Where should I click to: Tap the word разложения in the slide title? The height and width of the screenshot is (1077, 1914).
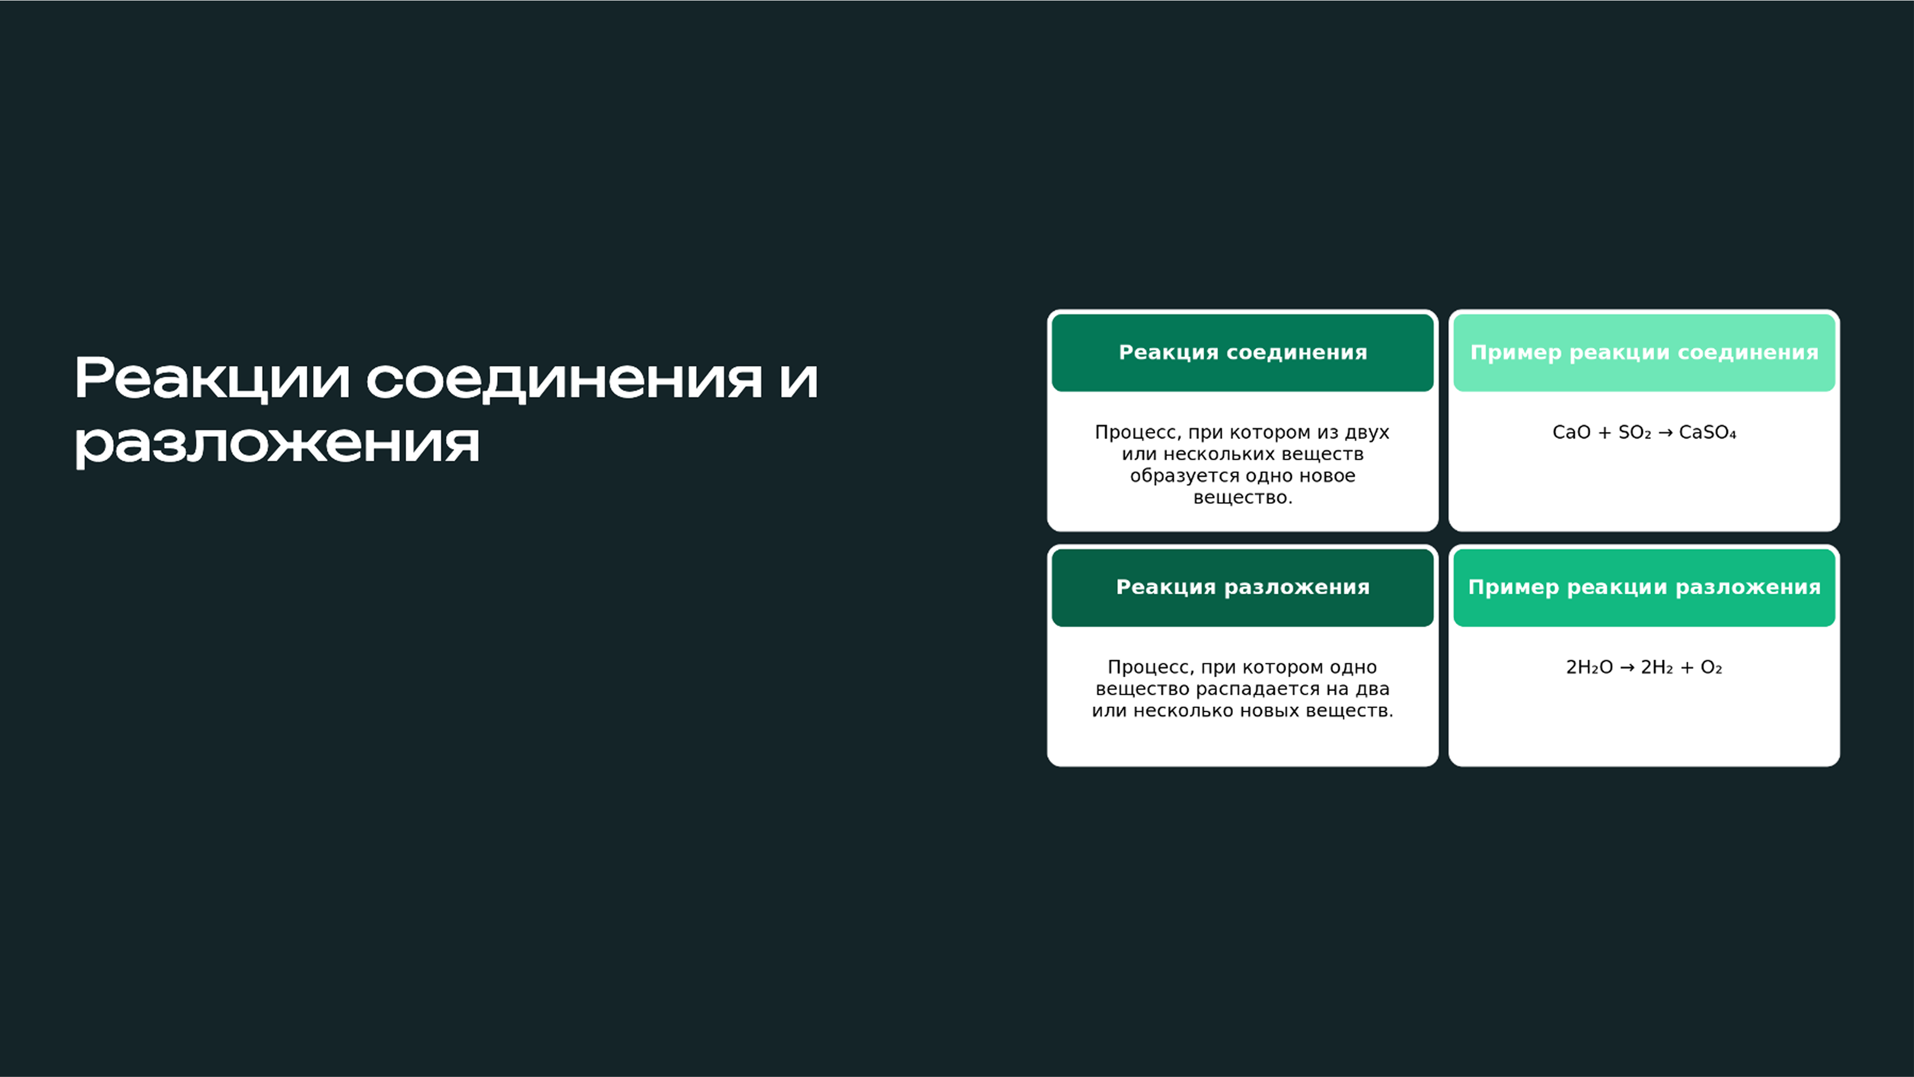point(276,443)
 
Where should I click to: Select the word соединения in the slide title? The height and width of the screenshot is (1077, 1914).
point(564,379)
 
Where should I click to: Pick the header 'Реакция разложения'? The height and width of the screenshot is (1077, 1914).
point(1243,587)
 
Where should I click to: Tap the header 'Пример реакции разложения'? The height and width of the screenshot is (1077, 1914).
point(1643,587)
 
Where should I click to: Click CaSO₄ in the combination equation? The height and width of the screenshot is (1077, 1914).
point(1707,432)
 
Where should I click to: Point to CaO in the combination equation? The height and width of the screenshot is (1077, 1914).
point(1571,432)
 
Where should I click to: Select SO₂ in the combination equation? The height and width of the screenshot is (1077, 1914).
point(1634,432)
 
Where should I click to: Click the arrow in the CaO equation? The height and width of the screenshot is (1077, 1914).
point(1665,432)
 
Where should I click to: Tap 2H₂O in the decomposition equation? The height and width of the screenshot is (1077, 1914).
point(1589,667)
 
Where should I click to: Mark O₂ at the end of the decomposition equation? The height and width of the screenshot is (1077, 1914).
point(1711,667)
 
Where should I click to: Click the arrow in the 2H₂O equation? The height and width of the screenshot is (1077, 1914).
point(1626,667)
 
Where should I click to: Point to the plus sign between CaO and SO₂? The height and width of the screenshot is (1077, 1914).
point(1604,432)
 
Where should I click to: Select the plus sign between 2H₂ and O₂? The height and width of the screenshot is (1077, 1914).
point(1686,667)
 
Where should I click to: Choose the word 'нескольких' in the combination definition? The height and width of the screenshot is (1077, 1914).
point(1211,454)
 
